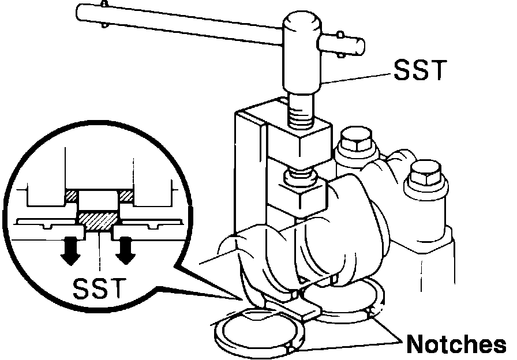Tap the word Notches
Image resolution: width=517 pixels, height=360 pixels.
tap(456, 344)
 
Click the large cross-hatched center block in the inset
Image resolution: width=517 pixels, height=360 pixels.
tap(99, 219)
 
